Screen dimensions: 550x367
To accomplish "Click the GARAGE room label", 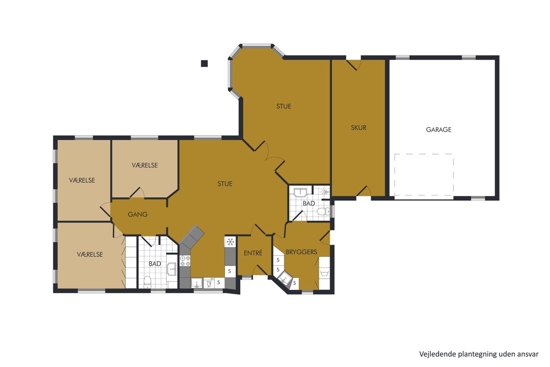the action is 439,129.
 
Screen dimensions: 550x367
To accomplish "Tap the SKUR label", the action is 358,128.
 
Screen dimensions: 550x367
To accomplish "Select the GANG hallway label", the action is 137,214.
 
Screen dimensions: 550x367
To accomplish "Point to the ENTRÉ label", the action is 253,253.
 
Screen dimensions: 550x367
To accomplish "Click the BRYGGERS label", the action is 301,252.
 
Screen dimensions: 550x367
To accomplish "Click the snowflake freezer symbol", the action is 230,242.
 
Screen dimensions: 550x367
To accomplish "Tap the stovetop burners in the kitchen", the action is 185,261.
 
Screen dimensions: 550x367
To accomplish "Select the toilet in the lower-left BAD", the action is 147,282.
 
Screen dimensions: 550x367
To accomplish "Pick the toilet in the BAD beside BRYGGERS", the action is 323,211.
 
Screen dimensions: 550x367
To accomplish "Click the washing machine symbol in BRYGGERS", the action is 324,273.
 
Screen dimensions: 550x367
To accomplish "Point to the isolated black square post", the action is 204,63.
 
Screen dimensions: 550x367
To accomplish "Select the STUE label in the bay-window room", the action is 284,106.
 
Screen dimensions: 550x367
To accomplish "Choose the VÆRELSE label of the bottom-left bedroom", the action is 90,254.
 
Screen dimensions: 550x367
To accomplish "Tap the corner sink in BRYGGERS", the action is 285,279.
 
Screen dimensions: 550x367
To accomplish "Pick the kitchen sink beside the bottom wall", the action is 197,283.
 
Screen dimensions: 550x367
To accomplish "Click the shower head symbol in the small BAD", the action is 325,192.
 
